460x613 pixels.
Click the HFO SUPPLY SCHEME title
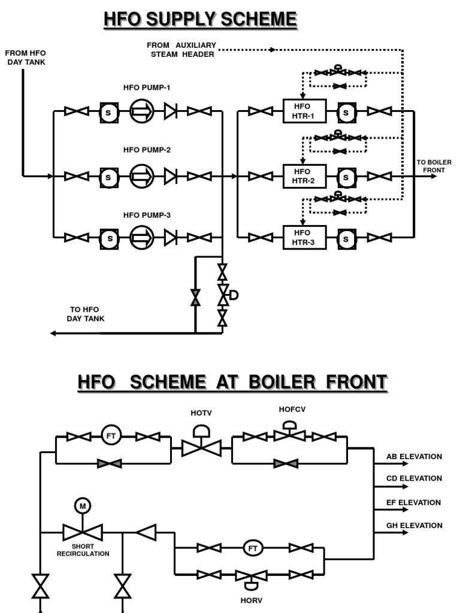(200, 20)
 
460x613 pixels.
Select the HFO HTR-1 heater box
(304, 111)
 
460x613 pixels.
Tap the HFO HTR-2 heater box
(304, 176)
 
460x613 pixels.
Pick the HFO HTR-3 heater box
(304, 238)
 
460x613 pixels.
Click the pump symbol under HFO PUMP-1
(142, 111)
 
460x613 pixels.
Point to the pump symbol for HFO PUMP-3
(142, 238)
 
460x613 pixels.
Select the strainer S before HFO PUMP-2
(108, 177)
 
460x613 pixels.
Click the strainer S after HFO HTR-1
(347, 111)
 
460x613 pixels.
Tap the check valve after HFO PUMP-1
(171, 111)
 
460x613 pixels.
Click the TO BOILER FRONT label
(434, 166)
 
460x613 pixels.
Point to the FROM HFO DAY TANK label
(26, 57)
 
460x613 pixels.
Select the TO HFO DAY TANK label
(85, 314)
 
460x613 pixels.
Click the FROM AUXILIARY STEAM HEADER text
(181, 50)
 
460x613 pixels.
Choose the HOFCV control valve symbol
(289, 435)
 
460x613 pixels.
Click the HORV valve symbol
(250, 576)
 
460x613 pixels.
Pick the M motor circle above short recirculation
(83, 506)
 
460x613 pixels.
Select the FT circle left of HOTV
(111, 435)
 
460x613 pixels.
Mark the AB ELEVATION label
(414, 457)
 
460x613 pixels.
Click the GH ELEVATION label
(414, 526)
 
